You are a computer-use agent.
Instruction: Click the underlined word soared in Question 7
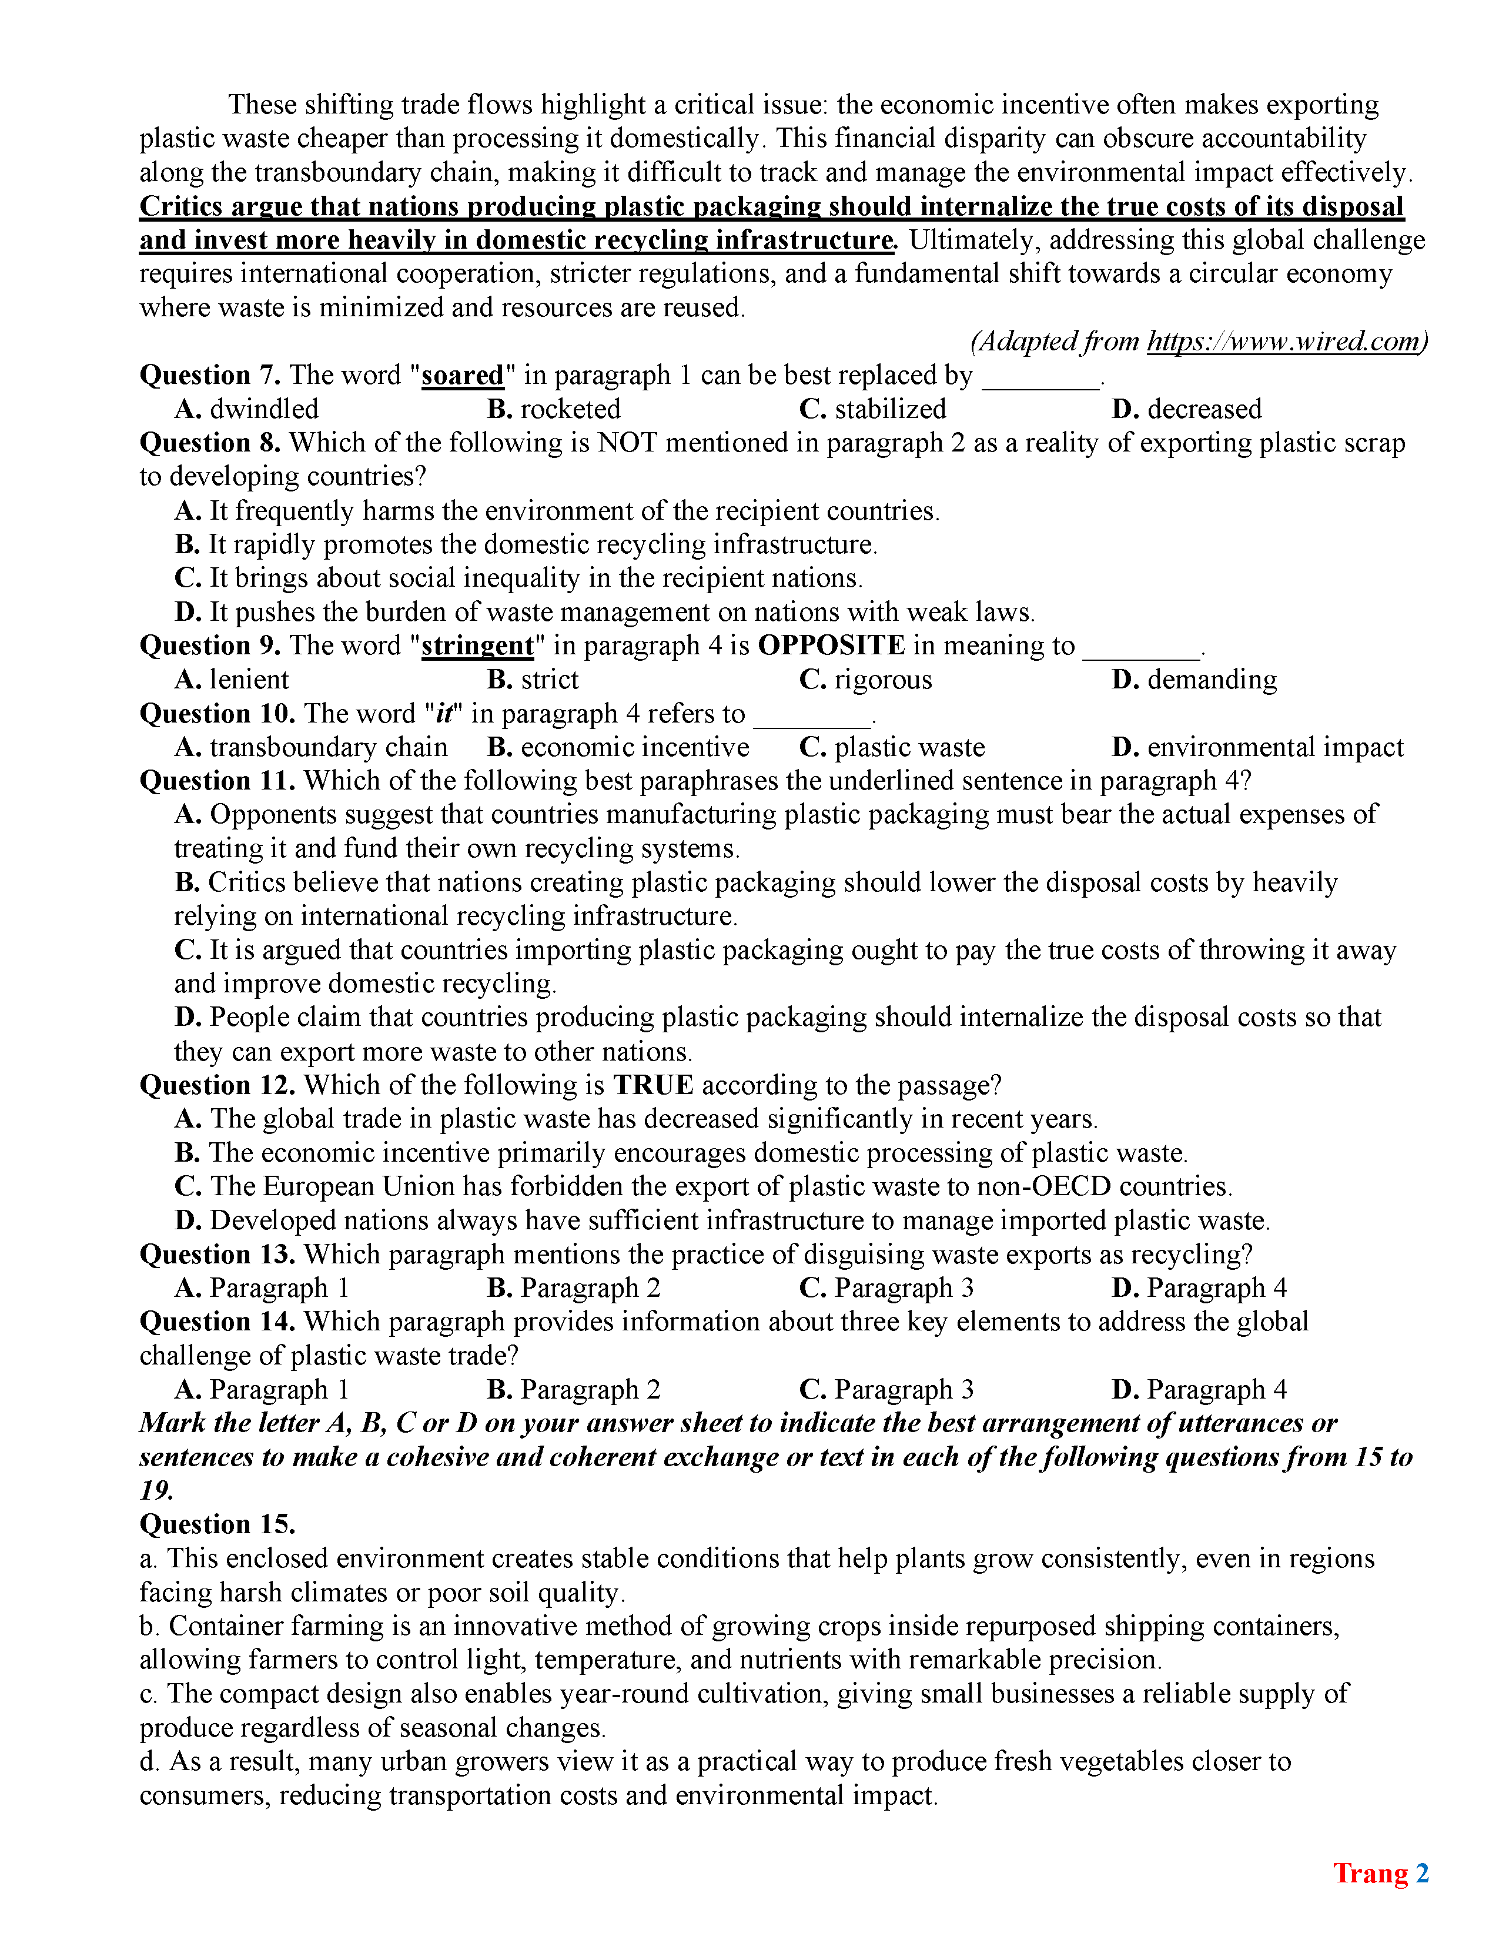463,376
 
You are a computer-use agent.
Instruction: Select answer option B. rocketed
554,410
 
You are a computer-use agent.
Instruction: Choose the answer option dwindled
247,410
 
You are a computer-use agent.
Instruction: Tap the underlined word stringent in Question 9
478,645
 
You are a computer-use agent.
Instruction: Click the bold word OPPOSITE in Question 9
831,645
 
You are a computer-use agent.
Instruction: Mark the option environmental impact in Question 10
1257,747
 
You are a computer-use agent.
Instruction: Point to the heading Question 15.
218,1524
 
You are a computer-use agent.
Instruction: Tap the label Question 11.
218,781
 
